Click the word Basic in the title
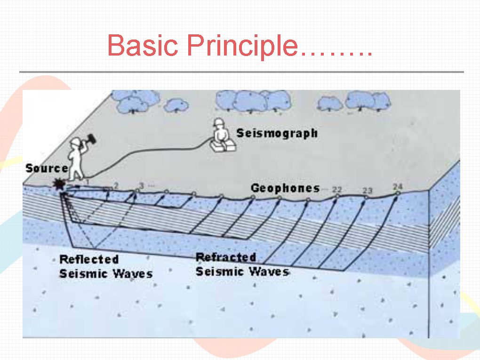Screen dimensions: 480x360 143,45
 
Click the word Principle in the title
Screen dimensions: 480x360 242,46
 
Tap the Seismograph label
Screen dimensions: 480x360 277,134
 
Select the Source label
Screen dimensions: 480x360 47,168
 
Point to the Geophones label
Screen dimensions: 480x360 285,188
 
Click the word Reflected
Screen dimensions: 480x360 89,259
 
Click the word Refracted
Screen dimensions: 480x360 226,257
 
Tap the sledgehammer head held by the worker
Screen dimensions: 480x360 92,140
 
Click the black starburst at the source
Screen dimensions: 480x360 59,184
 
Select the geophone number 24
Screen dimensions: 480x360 398,186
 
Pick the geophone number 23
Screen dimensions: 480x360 368,191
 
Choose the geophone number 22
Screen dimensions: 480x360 337,190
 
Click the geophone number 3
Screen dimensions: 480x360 141,185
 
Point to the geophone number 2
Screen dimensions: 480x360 116,185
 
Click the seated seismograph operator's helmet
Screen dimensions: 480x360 218,122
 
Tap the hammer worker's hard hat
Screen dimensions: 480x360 75,142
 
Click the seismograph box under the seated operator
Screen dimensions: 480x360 223,146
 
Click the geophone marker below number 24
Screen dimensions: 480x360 398,193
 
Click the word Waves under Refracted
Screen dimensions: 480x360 268,272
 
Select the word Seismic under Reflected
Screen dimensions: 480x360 82,273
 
